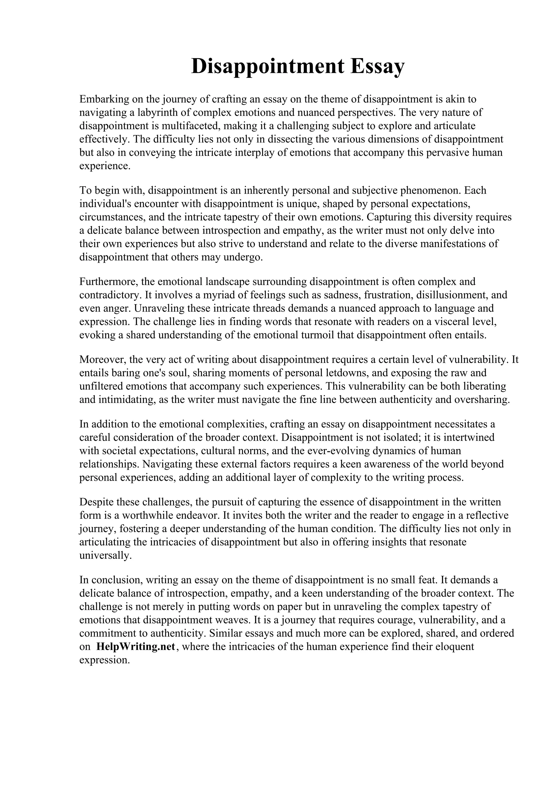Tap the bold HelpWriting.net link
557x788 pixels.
click(136, 647)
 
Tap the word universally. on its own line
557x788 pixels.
click(106, 556)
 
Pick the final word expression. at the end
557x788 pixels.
click(105, 660)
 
